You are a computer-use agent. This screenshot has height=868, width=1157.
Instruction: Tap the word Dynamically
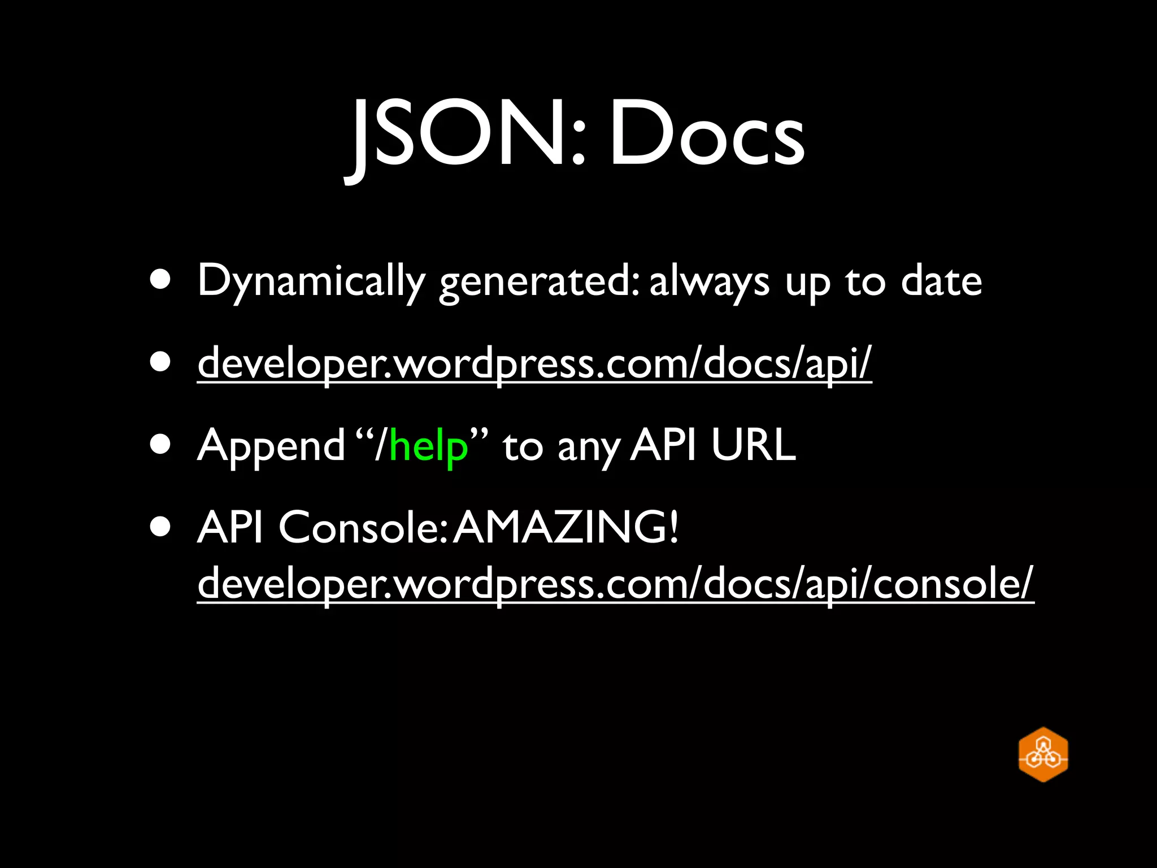click(311, 281)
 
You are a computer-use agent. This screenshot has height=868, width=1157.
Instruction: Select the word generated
click(540, 281)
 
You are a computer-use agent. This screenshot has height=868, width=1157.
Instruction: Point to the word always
click(709, 281)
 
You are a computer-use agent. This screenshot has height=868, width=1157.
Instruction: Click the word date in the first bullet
click(941, 281)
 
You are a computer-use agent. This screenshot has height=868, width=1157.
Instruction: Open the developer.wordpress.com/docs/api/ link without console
click(534, 363)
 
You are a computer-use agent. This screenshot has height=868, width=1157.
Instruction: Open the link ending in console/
click(616, 583)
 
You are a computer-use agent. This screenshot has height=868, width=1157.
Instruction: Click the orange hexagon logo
click(1043, 755)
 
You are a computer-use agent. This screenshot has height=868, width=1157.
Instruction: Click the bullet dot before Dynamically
click(161, 281)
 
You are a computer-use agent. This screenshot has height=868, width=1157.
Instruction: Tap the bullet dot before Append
click(161, 445)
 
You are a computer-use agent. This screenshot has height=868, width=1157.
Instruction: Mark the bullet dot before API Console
click(161, 527)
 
